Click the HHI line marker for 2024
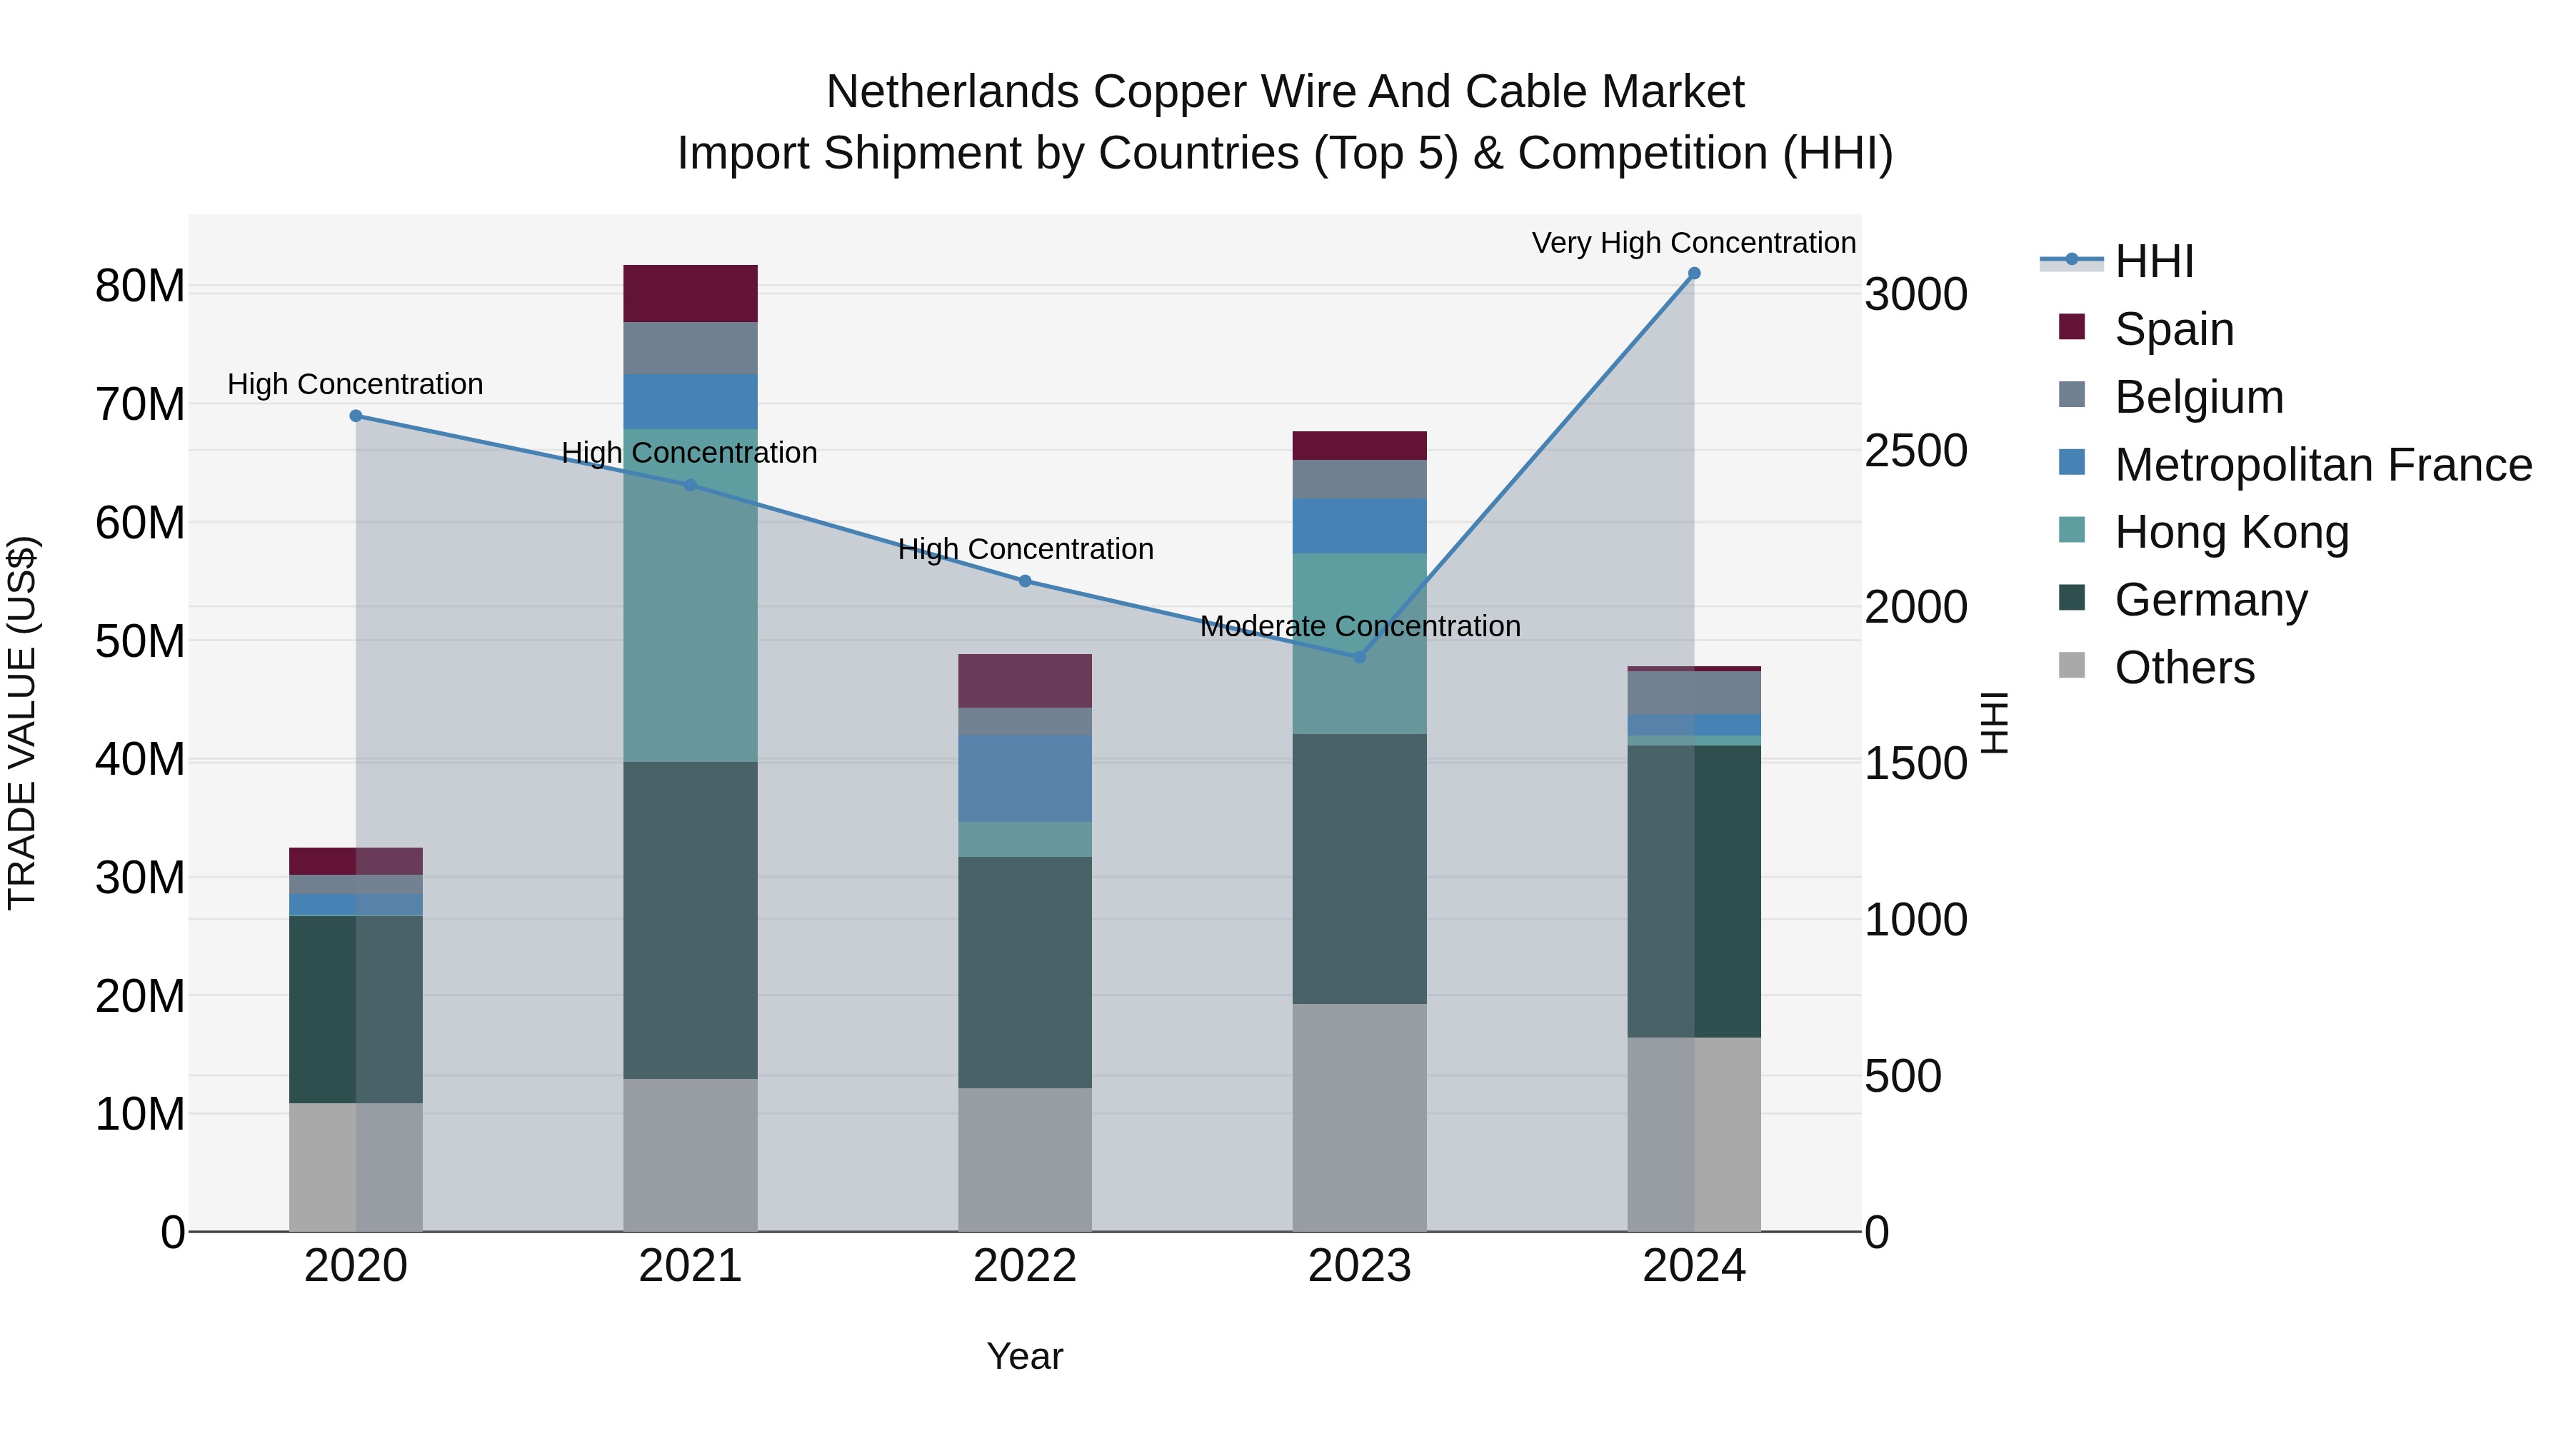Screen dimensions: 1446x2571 point(1694,273)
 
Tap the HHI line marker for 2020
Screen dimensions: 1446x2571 point(356,416)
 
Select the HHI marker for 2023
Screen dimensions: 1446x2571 point(1359,658)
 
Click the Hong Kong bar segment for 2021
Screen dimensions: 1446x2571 point(691,596)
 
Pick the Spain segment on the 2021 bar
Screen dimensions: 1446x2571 point(691,293)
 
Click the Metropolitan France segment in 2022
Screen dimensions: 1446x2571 point(1025,778)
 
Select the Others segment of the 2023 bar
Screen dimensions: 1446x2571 point(1359,1118)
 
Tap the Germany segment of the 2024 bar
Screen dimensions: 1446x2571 point(1694,891)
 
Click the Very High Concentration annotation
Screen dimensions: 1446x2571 point(1694,243)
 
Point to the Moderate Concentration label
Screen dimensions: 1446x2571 point(1359,627)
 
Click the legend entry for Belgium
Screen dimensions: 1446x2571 point(2199,397)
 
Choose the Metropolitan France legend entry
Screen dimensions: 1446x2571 point(2322,465)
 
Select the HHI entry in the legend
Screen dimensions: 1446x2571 point(2154,261)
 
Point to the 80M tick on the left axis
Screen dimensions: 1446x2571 point(140,286)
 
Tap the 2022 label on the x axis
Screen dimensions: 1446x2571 point(1025,1266)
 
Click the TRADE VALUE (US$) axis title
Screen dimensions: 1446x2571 point(22,723)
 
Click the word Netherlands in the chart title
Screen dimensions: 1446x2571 point(952,92)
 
